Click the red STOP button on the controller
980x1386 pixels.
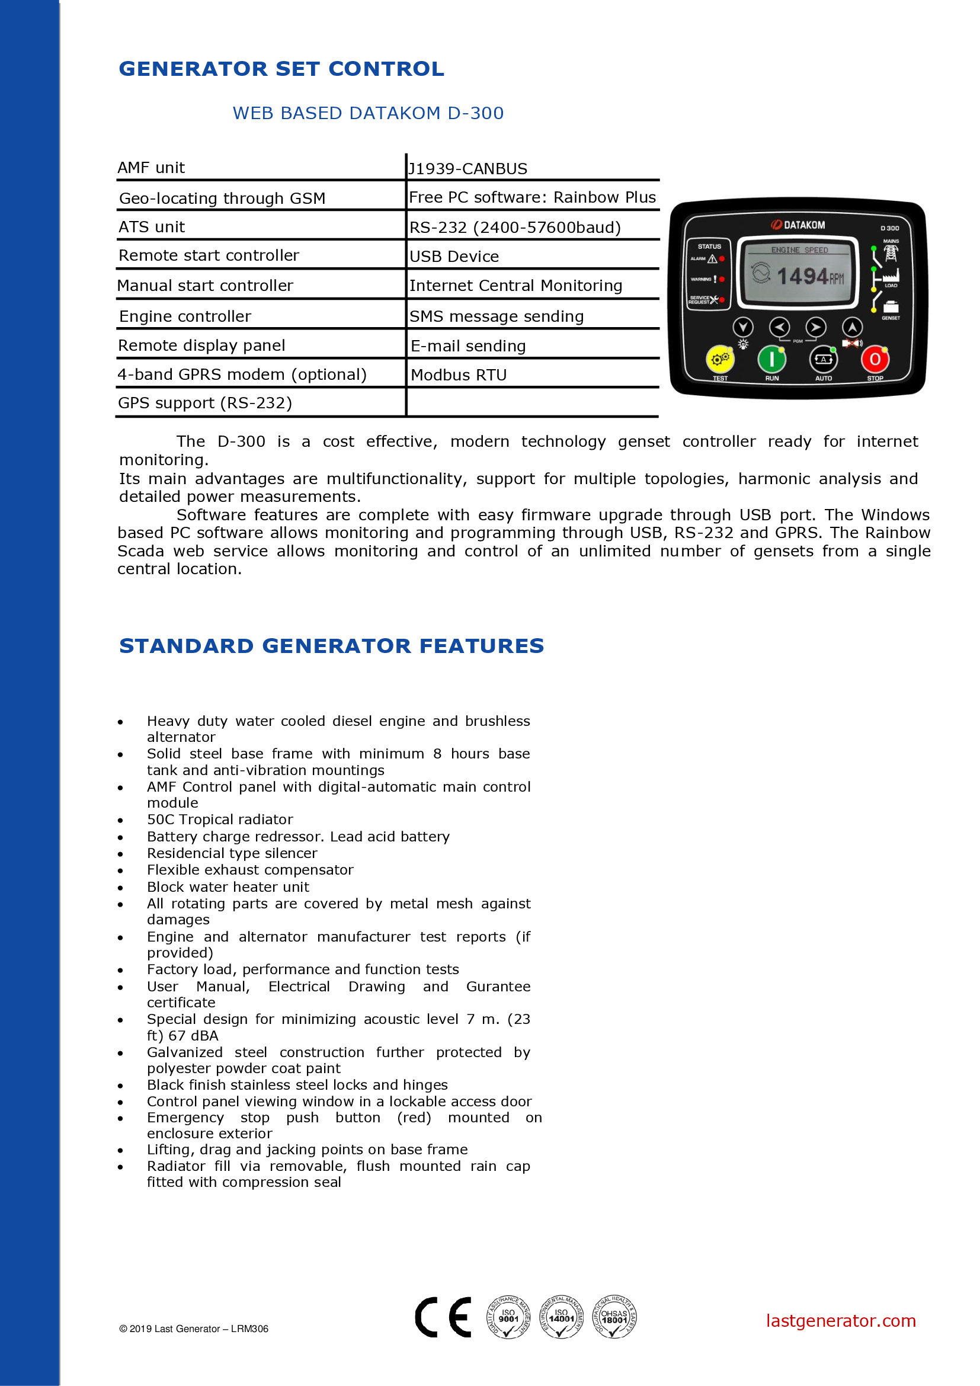coord(875,360)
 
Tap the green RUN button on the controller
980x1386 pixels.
coord(771,360)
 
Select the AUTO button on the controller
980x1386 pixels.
coord(823,360)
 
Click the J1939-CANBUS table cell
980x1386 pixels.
coord(468,168)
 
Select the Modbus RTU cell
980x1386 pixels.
coord(459,375)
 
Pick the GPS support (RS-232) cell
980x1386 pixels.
coord(205,402)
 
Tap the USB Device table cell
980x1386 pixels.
coord(454,257)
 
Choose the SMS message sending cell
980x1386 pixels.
coord(497,316)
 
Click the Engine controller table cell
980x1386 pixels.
coord(185,316)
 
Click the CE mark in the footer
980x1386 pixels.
coord(444,1317)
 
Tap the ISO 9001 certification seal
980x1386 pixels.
coord(508,1317)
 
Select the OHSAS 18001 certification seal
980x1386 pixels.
coord(614,1317)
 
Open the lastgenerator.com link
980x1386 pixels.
coord(841,1321)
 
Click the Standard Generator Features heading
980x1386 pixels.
coord(331,646)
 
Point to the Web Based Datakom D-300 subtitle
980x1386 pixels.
coord(368,113)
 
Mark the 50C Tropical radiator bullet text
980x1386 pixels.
coord(220,819)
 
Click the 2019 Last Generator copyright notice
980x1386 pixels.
coord(194,1329)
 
